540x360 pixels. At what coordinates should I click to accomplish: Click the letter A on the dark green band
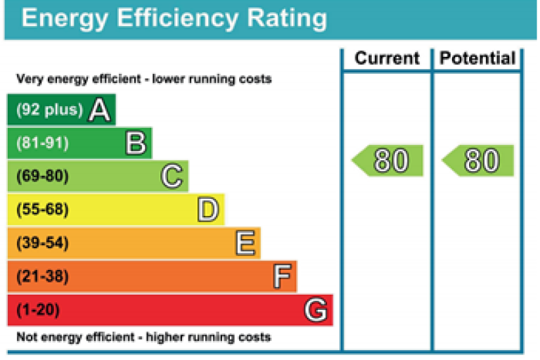click(x=99, y=110)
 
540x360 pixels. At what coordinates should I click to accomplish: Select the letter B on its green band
click(x=136, y=143)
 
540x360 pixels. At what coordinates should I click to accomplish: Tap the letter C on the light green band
click(x=172, y=176)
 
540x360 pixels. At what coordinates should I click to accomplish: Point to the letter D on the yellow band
click(x=208, y=210)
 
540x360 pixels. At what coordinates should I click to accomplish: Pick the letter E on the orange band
click(x=245, y=243)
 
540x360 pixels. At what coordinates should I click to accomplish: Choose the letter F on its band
click(x=281, y=276)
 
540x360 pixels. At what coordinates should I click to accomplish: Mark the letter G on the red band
click(x=316, y=309)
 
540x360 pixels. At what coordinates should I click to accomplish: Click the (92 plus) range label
click(x=49, y=110)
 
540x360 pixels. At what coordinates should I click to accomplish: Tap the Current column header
click(x=387, y=58)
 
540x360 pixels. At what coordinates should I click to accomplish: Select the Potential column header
click(x=477, y=58)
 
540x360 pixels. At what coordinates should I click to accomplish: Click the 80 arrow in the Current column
click(x=389, y=161)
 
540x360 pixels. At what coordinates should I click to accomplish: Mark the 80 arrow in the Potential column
click(x=479, y=161)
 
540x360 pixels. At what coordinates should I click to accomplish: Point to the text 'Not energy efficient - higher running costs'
click(x=143, y=337)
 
